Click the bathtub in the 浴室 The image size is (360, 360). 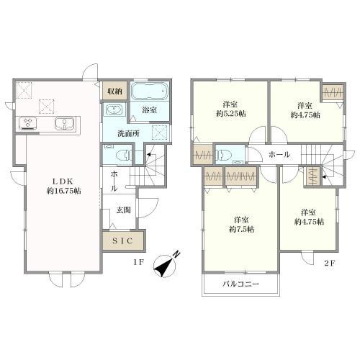point(149,91)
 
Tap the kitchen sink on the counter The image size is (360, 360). point(64,123)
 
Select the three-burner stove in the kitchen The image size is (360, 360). point(27,123)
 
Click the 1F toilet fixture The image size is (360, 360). point(124,156)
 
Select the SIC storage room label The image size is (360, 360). point(122,240)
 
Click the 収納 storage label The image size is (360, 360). point(114,91)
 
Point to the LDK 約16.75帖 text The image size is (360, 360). point(63,186)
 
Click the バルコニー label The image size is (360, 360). point(241,284)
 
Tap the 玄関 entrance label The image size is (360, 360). point(124,210)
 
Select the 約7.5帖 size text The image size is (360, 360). point(241,230)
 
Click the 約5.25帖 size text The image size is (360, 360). point(230,114)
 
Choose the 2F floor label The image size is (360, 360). point(329,263)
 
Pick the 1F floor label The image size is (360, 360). point(138,262)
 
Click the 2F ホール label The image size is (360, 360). point(279,155)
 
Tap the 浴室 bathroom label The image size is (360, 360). point(149,110)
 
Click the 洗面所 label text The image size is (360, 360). point(128,134)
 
